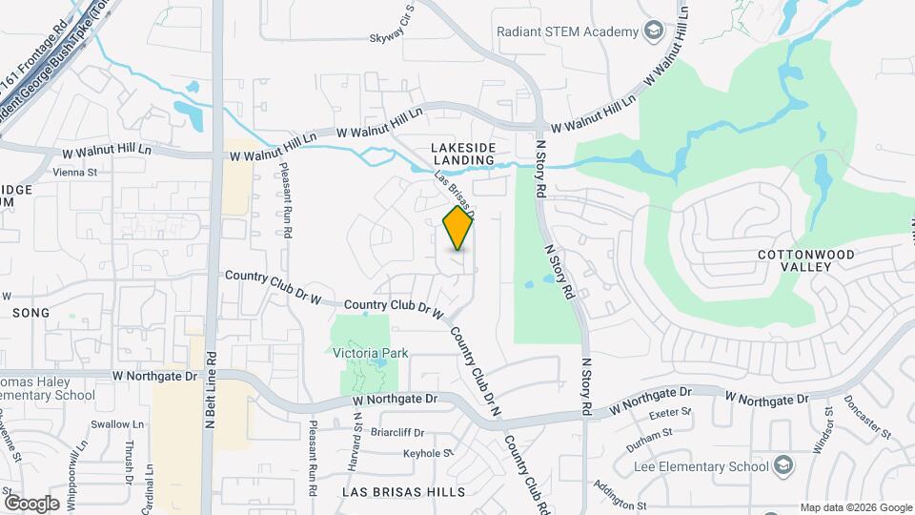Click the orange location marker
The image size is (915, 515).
click(x=458, y=228)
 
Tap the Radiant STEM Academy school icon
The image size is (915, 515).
click(x=654, y=31)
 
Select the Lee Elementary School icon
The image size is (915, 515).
click(x=783, y=466)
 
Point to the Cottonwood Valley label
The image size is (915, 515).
click(x=796, y=261)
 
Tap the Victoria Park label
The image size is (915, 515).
click(x=371, y=353)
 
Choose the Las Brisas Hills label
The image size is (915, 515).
click(x=404, y=492)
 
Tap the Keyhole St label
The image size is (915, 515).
click(x=427, y=453)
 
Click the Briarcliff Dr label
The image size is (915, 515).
click(x=397, y=432)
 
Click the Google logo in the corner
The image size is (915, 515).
click(x=31, y=503)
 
